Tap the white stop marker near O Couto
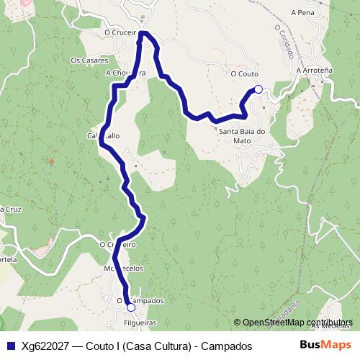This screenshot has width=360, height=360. coord(258,89)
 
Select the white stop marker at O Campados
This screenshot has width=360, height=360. coord(130,307)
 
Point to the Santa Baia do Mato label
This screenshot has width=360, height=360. coord(243,136)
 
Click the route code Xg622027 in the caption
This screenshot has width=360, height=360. coord(45,346)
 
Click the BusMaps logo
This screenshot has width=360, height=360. coord(325,345)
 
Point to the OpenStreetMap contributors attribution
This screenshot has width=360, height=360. coord(297,323)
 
